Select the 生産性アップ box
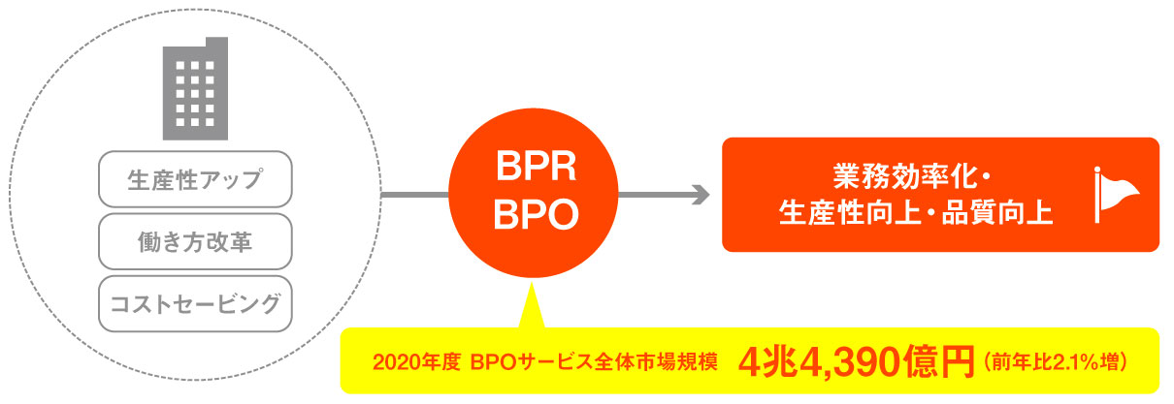point(195,180)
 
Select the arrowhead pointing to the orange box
point(698,195)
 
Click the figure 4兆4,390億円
point(855,363)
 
